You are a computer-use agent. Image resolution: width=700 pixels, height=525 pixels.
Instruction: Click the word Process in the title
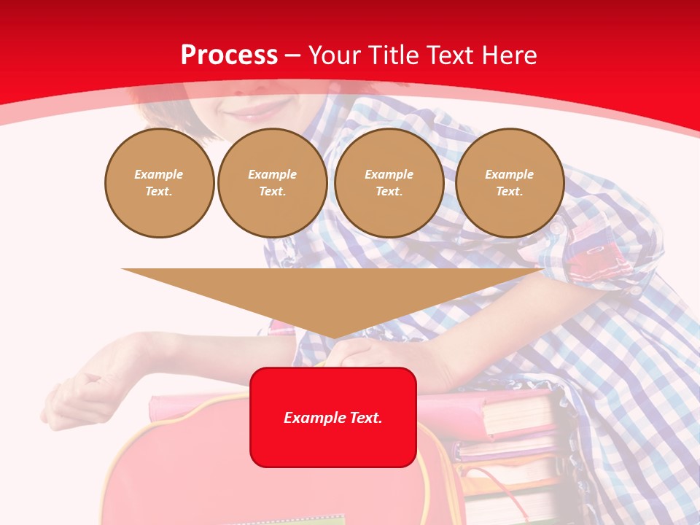tap(229, 55)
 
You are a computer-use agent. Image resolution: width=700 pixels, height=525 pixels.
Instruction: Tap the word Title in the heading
tap(389, 55)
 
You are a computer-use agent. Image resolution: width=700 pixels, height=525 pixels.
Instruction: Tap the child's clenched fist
tap(73, 394)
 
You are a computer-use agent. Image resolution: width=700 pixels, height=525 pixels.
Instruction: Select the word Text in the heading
tap(451, 55)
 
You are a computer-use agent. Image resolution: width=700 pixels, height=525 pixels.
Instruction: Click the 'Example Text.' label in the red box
tap(333, 418)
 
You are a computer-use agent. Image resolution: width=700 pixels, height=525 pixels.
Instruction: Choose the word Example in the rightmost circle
tap(509, 174)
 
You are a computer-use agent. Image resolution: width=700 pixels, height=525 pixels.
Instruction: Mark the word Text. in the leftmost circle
tap(159, 191)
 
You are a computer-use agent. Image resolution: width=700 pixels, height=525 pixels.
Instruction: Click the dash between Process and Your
tap(292, 55)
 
